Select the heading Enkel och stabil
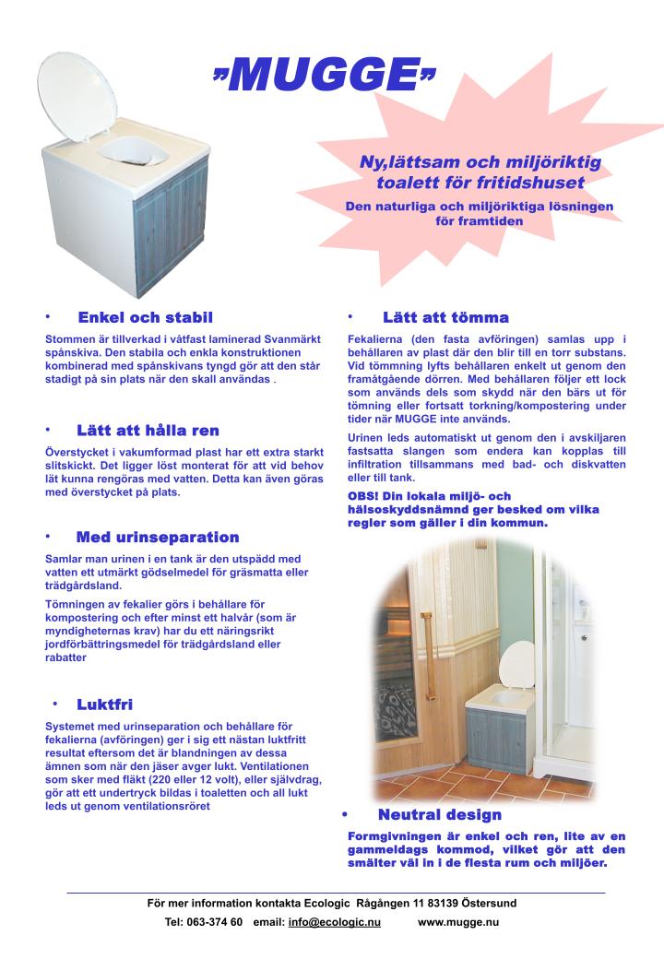tap(145, 317)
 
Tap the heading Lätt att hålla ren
tap(148, 430)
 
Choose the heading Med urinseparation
tap(158, 537)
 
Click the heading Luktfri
tap(104, 705)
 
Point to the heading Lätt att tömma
tap(445, 317)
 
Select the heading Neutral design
tap(439, 814)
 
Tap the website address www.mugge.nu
tap(458, 922)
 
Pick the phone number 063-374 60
tap(217, 922)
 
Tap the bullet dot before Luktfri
tap(55, 704)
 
